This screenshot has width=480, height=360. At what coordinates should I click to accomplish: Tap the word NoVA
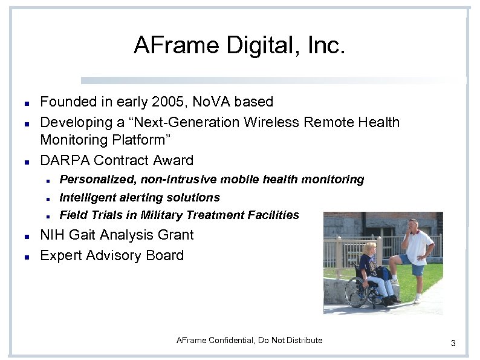point(213,102)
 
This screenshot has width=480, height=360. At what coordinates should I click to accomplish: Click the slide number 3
point(453,344)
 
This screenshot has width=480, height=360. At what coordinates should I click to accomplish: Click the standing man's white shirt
point(418,246)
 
